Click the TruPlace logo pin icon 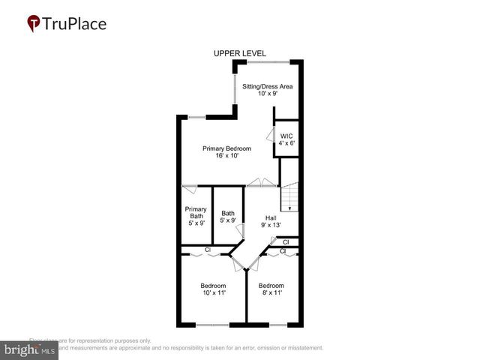point(34,24)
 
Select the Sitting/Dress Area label point(267,86)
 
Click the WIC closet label point(286,136)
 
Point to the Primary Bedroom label point(226,148)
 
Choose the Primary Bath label point(196,213)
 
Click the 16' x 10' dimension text point(226,157)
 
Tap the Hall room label point(271,217)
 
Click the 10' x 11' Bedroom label point(213,289)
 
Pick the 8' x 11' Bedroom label point(271,289)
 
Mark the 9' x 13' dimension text point(271,225)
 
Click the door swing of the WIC point(269,134)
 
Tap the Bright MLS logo point(30,349)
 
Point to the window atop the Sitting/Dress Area point(268,61)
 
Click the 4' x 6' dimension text point(286,143)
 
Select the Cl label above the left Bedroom point(208,250)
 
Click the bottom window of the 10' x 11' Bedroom point(213,325)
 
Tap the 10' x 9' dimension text point(267,94)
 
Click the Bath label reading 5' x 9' point(228,217)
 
